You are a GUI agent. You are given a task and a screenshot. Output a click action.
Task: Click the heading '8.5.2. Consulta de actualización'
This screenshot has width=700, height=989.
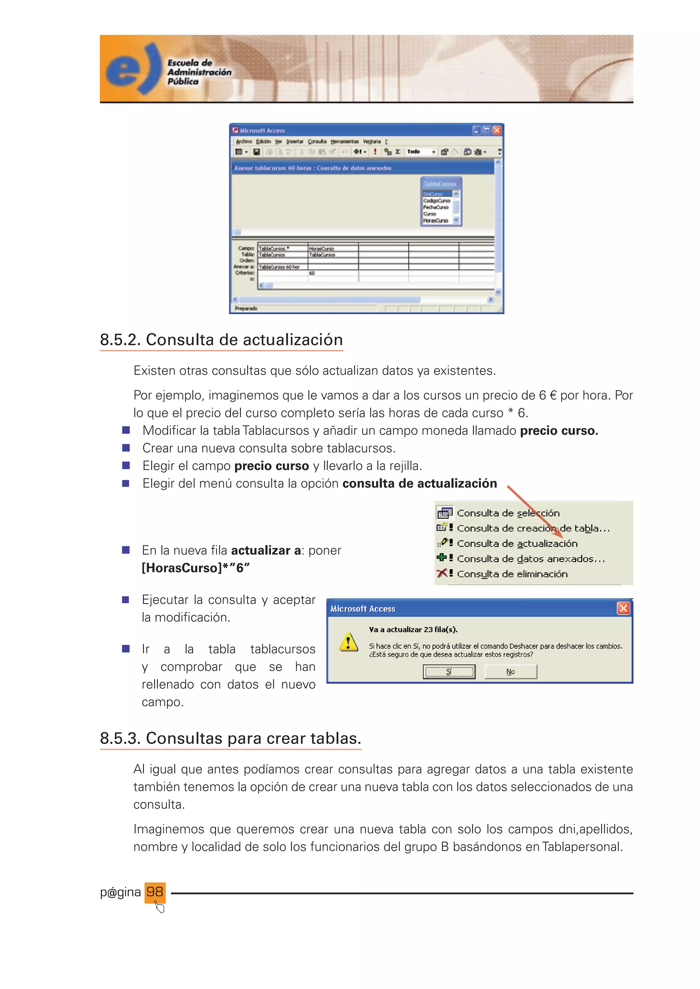221,340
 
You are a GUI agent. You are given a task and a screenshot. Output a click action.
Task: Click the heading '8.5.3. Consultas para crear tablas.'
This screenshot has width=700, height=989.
230,738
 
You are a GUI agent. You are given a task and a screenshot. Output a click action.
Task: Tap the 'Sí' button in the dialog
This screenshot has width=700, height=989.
449,671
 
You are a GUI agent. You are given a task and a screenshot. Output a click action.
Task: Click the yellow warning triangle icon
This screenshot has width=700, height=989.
348,642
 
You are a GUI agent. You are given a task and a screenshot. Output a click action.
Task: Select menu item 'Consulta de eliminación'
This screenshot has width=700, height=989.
512,574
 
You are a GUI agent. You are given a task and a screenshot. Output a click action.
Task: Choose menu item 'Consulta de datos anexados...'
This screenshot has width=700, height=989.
530,559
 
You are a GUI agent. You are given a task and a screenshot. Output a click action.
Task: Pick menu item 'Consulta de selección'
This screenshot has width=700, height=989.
508,513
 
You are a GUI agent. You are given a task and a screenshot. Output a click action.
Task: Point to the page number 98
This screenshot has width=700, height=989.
155,891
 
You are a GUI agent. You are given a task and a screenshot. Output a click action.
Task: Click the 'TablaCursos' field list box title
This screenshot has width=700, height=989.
440,184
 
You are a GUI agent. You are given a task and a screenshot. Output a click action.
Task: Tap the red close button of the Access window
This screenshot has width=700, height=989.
497,130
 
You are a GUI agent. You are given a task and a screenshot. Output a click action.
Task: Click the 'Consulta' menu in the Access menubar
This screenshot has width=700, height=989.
317,142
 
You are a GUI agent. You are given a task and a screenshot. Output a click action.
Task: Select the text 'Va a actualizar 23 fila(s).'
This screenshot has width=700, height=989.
413,629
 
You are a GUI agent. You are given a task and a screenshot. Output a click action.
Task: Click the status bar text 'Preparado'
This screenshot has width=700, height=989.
246,308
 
